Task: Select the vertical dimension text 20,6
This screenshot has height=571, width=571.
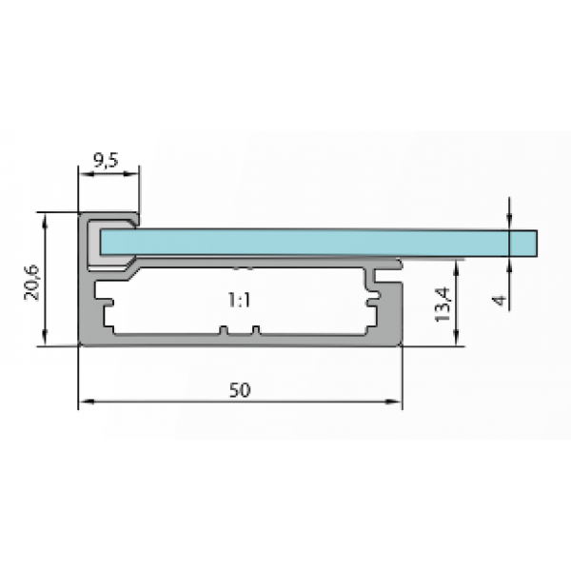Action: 31,281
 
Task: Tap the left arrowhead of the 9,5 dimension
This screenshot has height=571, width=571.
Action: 83,173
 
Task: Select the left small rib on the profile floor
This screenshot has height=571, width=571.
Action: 224,331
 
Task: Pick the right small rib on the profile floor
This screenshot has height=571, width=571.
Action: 255,331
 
